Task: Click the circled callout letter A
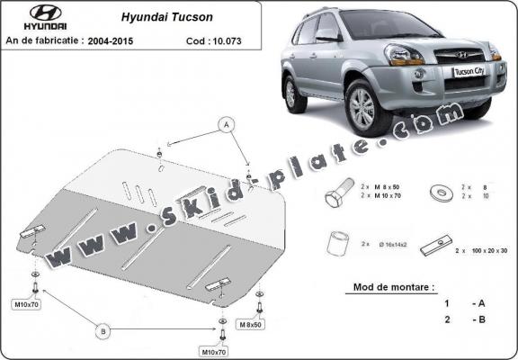click(x=227, y=122)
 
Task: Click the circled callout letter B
click(x=104, y=331)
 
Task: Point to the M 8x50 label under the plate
click(x=249, y=322)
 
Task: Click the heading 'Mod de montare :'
click(x=388, y=288)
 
